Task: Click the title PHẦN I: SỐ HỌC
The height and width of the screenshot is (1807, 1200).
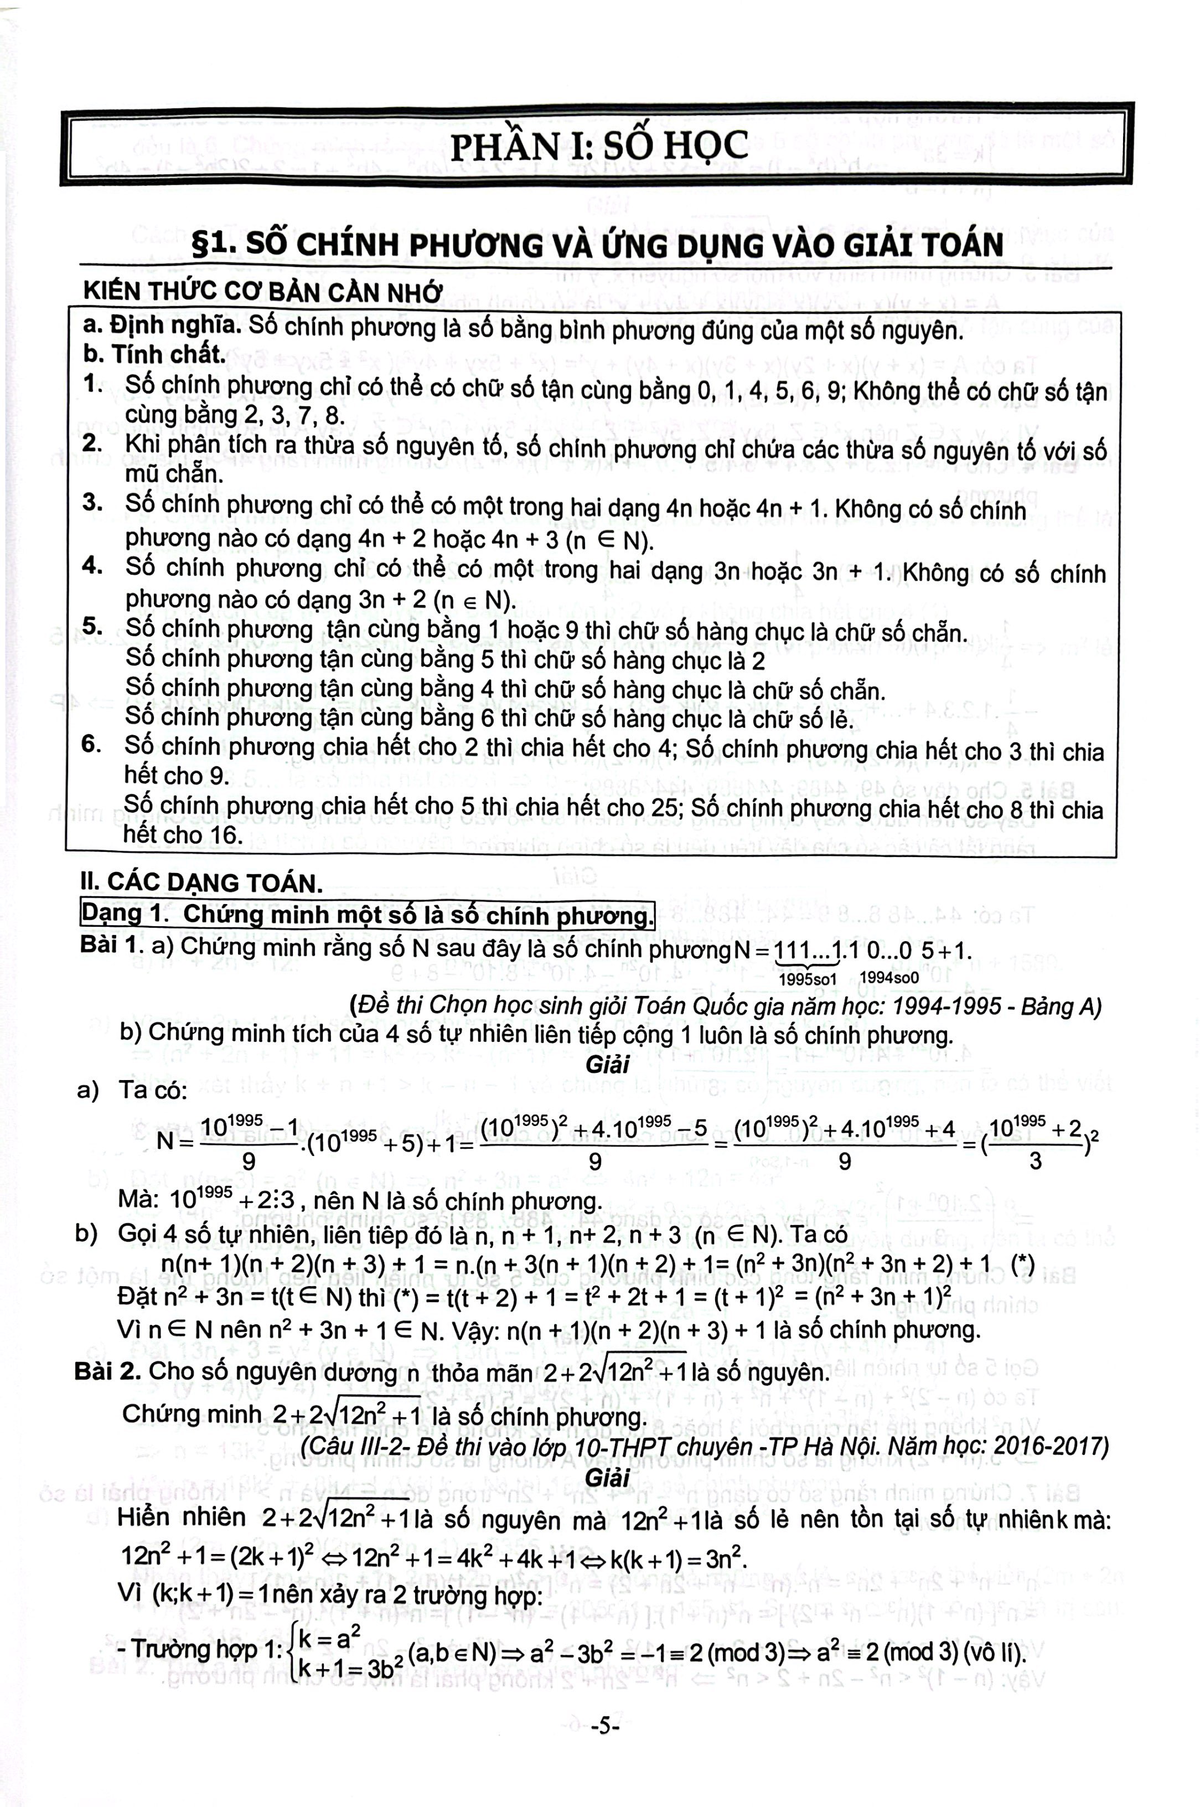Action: (598, 146)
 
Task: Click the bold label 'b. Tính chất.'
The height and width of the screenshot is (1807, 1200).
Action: (154, 354)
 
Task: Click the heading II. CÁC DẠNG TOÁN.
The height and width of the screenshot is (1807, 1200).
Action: (201, 882)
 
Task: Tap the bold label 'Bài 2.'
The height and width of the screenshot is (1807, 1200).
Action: (108, 1371)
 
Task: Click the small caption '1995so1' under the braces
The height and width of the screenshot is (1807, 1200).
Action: (808, 978)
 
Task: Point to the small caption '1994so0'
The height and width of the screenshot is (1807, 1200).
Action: (889, 978)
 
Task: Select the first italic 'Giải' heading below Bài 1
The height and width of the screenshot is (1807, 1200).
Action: (607, 1064)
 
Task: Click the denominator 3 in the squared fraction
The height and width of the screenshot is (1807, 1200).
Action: (1035, 1161)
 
